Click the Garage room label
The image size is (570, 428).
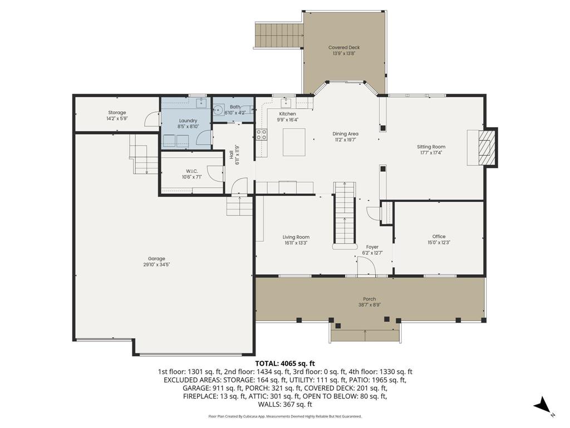point(156,259)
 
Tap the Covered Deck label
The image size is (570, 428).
point(344,47)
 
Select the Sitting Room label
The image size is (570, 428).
point(431,147)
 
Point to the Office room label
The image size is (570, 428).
point(439,236)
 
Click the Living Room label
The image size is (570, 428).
point(296,237)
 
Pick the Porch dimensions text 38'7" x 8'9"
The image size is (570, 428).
point(370,305)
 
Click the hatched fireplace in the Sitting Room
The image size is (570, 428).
point(486,148)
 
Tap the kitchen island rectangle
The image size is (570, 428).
point(294,142)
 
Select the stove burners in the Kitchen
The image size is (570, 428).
point(262,134)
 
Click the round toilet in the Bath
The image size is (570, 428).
point(218,109)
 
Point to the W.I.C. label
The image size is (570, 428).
point(192,171)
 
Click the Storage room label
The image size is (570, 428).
point(117,113)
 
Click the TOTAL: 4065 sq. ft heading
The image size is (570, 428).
point(285,363)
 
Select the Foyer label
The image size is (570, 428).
point(372,247)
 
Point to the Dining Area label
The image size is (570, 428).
point(345,134)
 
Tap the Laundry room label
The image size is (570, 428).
point(188,121)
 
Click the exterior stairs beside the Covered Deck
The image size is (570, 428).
point(278,35)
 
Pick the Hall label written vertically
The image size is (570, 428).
point(231,155)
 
